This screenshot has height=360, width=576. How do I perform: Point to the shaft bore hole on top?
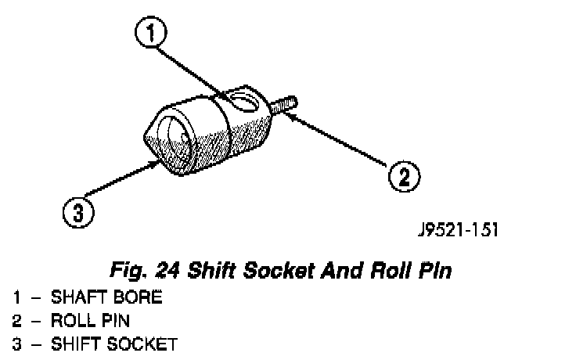245,102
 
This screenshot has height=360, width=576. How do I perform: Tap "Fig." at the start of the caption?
127,272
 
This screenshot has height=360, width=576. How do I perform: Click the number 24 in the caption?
167,272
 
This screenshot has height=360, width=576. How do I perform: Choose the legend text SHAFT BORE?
106,298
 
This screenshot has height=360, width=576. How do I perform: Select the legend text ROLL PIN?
91,321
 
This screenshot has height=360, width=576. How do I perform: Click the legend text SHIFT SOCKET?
114,344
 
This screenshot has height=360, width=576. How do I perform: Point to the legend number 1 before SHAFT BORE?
17,298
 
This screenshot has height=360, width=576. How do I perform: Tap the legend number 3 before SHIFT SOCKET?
17,344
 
